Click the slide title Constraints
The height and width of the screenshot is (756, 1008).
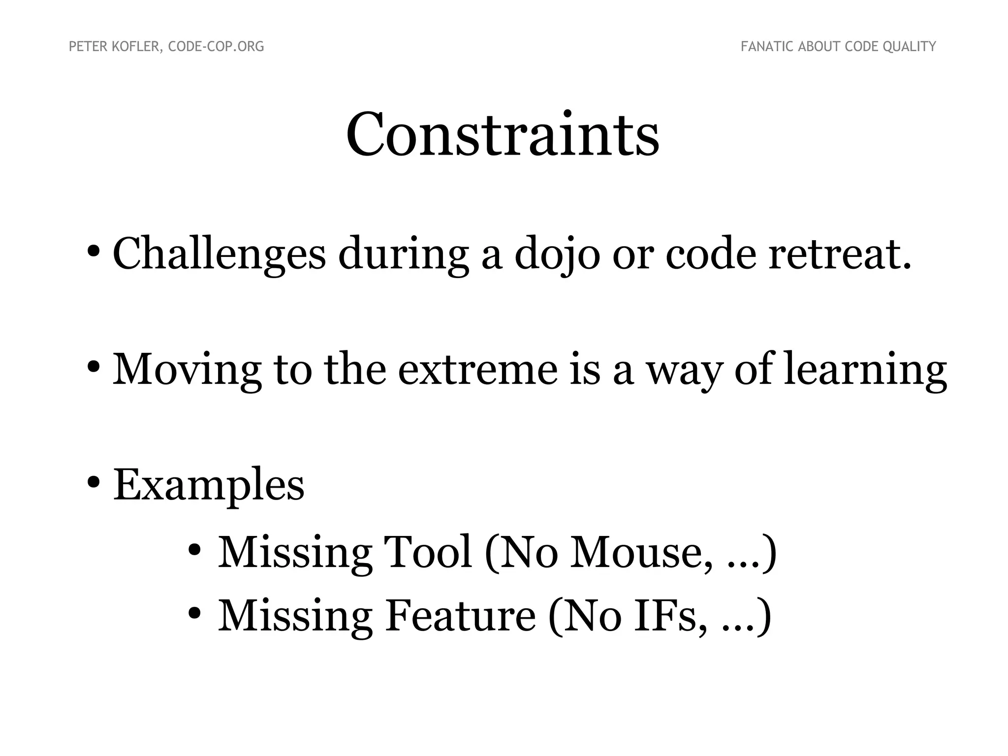503,135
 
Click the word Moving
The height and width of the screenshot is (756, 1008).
187,370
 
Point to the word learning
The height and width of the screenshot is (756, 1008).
865,370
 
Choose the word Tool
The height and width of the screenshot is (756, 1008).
428,552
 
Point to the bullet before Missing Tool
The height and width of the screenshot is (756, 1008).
195,549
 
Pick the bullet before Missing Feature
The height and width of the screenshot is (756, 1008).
195,613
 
